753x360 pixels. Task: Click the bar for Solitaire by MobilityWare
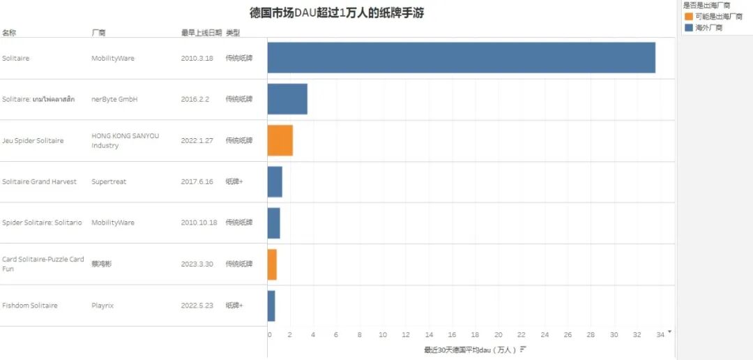(x=461, y=58)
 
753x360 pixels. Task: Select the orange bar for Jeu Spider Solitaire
(x=280, y=140)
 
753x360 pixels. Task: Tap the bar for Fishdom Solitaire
(x=271, y=306)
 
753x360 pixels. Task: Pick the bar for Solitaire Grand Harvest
(x=275, y=181)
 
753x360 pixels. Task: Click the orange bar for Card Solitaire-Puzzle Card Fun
(x=272, y=264)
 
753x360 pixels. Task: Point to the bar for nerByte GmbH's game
(x=287, y=99)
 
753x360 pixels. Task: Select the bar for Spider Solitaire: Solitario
(x=274, y=223)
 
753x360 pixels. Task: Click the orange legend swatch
(x=689, y=16)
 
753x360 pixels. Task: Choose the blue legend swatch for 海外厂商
(x=689, y=27)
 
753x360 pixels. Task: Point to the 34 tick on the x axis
(x=660, y=335)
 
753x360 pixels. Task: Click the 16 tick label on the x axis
(x=452, y=335)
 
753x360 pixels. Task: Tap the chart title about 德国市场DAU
(x=337, y=13)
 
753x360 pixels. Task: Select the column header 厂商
(x=98, y=33)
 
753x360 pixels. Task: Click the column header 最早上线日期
(x=201, y=33)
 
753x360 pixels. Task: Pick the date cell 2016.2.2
(x=196, y=99)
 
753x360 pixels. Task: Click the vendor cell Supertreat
(x=109, y=181)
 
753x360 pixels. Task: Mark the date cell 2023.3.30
(x=197, y=264)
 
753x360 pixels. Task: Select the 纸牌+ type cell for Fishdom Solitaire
(x=234, y=306)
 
